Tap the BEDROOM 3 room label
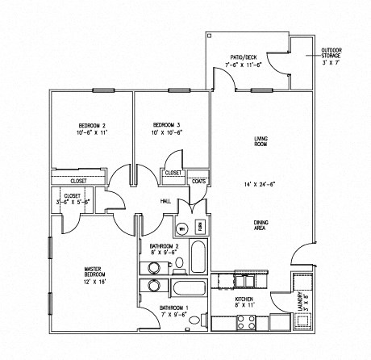(165, 125)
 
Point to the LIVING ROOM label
(260, 142)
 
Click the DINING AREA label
(260, 226)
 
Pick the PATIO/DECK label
(243, 57)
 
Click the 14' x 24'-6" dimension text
(260, 186)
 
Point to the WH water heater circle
(182, 229)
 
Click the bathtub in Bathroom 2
(200, 258)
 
